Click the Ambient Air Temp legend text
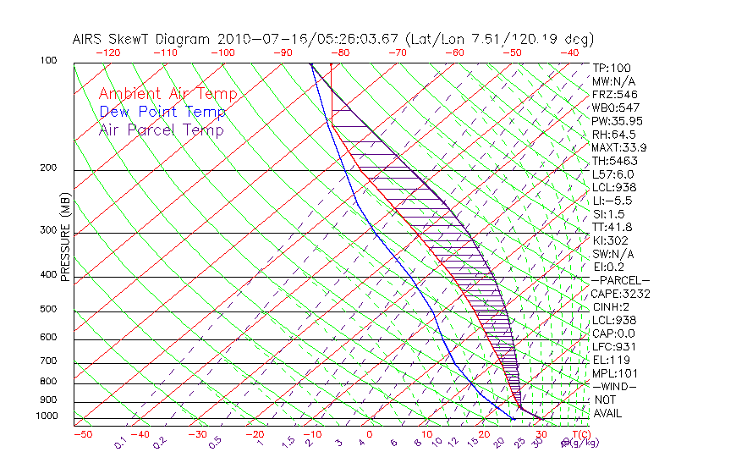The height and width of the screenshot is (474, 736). pyautogui.click(x=168, y=94)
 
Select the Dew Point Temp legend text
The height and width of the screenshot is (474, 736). pyautogui.click(x=162, y=112)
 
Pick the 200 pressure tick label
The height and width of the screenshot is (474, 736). pyautogui.click(x=47, y=168)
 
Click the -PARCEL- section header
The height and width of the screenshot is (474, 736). pyautogui.click(x=620, y=280)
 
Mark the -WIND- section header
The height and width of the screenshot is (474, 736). pyautogui.click(x=615, y=386)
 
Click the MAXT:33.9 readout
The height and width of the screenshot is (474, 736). pyautogui.click(x=620, y=147)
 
